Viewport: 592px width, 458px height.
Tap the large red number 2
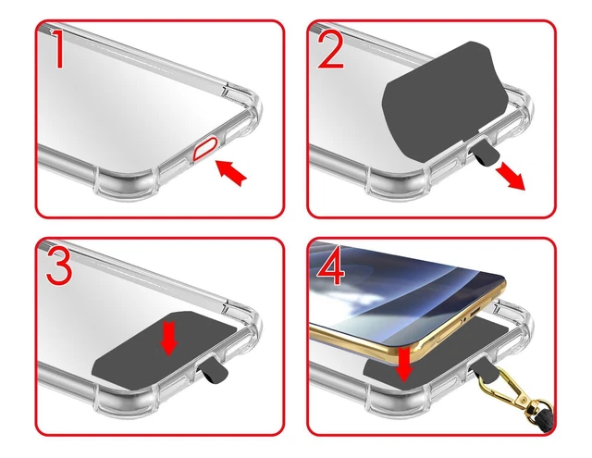(330, 50)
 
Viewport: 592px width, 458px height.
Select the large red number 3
(59, 267)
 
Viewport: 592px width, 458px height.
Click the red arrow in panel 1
(231, 172)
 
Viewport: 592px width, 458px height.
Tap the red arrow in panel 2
(511, 177)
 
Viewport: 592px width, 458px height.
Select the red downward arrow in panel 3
(168, 338)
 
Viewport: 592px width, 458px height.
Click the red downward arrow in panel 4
(404, 365)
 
